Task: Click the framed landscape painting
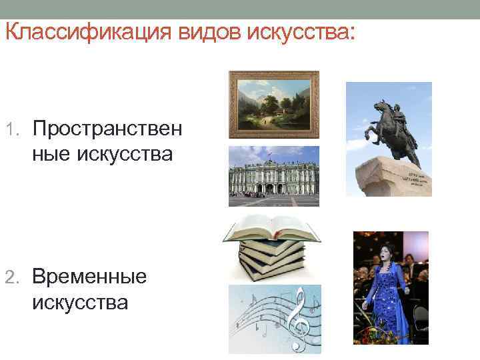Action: click(x=274, y=103)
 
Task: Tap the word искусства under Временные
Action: click(x=79, y=303)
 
